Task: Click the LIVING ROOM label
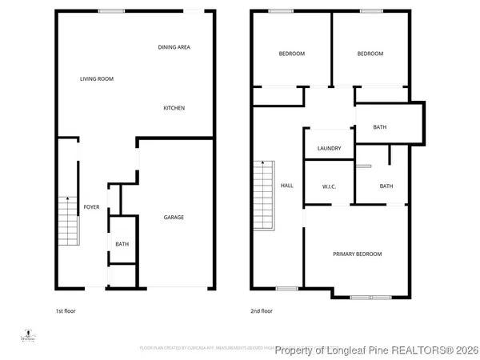coord(96,78)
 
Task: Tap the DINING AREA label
coord(174,47)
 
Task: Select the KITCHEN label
coord(174,108)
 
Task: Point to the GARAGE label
coord(174,217)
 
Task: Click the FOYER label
coord(92,207)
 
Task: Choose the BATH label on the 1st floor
coord(122,245)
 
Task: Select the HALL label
coord(286,186)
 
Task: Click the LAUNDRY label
coord(329,148)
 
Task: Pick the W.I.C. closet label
coord(328,186)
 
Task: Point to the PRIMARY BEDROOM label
coord(357,254)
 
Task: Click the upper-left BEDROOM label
coord(291,54)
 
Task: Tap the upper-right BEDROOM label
coord(370,54)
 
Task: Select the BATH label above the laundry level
coord(380,126)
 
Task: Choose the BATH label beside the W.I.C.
coord(386,186)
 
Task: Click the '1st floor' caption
coord(65,310)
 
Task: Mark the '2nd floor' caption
coord(262,310)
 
